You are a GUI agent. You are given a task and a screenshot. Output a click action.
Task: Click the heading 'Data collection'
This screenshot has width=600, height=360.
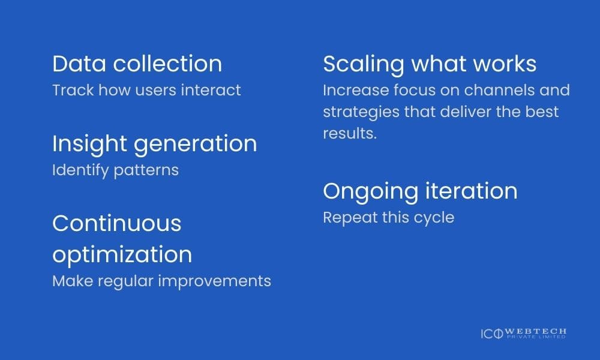(137, 64)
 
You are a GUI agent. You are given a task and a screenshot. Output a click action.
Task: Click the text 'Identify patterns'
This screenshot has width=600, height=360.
(115, 170)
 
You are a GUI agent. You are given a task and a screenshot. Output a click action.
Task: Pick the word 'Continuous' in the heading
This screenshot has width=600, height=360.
(116, 223)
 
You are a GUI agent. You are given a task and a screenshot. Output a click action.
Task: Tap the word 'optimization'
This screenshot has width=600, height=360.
(122, 254)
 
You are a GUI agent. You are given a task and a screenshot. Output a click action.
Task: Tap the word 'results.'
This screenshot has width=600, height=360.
(350, 133)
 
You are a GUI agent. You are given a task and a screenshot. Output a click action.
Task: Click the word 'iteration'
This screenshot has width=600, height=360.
(471, 191)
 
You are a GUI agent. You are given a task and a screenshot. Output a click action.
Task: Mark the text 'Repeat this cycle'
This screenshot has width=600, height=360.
(388, 217)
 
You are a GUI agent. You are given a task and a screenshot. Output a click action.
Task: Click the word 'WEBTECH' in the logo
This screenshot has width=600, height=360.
(536, 332)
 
